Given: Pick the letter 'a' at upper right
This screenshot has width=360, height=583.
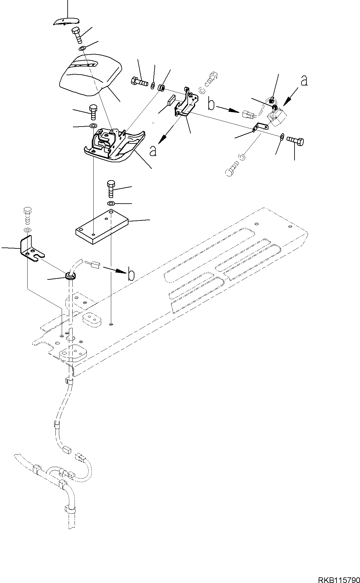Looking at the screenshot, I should (304, 81).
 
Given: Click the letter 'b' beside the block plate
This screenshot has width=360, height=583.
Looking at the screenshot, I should (131, 275).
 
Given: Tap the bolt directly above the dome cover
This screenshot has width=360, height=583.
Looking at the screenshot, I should (77, 35).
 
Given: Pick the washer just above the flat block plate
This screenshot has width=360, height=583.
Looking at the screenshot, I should (111, 204).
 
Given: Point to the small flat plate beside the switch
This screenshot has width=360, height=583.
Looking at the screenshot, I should (260, 127).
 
